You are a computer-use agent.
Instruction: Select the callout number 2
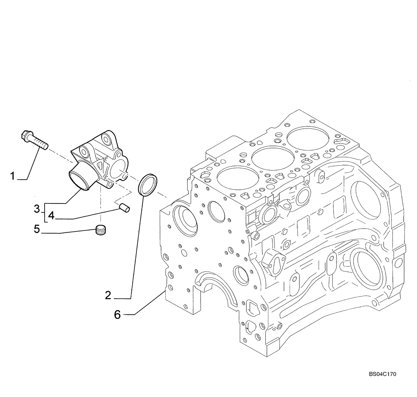[108, 296]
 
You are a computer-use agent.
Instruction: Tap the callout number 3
[37, 208]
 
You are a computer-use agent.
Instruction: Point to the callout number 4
[51, 216]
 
